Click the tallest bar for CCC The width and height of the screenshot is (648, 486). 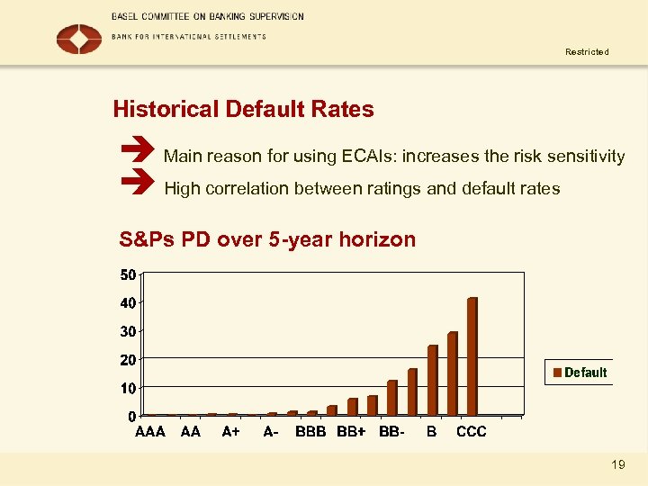point(472,356)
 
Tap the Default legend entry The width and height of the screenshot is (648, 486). point(580,373)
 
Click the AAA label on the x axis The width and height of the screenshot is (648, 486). point(150,432)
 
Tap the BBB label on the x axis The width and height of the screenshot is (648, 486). point(310,432)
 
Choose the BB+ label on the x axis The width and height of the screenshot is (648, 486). point(351,432)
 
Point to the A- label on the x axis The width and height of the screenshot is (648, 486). point(270,432)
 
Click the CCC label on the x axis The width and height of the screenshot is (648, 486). point(471,432)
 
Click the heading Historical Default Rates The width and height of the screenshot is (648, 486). point(243,110)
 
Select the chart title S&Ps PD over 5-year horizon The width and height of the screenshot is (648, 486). point(267,239)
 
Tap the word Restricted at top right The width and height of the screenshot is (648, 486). point(587,52)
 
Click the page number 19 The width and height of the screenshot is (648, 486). point(617,464)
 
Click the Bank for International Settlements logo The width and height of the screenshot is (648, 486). point(79,38)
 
